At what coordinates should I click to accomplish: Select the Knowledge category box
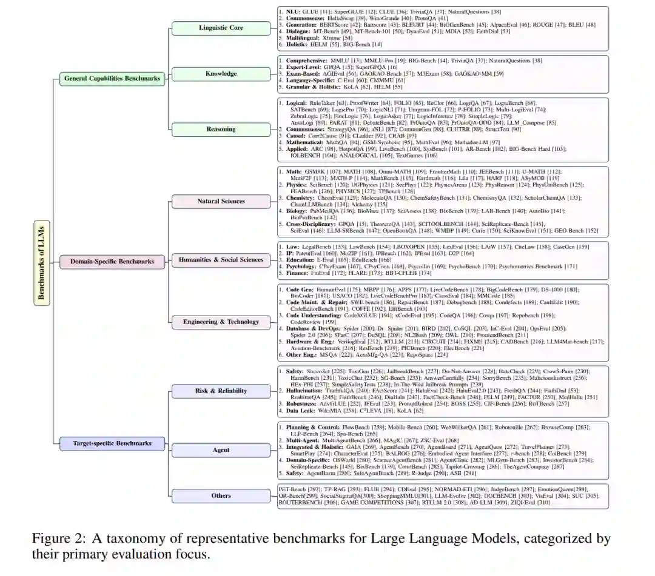click(221, 74)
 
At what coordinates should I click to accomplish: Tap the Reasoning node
click(221, 129)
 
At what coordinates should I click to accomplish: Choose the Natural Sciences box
click(221, 201)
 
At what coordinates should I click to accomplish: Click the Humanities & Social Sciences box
click(221, 260)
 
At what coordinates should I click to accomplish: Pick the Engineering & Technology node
click(221, 322)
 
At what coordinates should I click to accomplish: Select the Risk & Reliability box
click(221, 391)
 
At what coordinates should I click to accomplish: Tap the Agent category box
click(221, 450)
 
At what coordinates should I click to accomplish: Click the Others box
click(221, 495)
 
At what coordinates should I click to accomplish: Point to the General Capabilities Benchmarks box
click(112, 78)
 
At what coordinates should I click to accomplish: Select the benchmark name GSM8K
click(323, 171)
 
